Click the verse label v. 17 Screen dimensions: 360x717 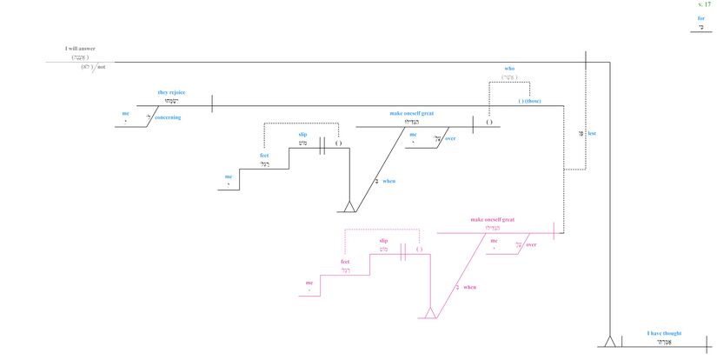click(x=704, y=5)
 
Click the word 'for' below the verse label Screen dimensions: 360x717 click(x=700, y=18)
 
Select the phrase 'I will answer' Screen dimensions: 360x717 click(x=80, y=49)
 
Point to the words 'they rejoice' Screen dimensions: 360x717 click(x=171, y=92)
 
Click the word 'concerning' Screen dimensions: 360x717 click(x=168, y=117)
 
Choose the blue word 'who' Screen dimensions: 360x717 click(x=510, y=68)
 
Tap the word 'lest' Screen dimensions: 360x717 click(x=592, y=133)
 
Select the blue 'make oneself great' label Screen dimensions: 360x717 click(x=413, y=114)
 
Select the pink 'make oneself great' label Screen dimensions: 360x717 click(x=492, y=220)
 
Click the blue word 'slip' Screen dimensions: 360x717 click(x=302, y=135)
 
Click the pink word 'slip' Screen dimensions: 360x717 click(x=383, y=241)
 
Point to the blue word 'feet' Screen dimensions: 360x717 click(x=264, y=156)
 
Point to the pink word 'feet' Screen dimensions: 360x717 click(x=345, y=262)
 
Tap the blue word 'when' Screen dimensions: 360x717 click(x=388, y=181)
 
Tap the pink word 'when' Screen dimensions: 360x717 click(x=469, y=287)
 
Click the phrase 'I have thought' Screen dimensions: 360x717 click(x=665, y=333)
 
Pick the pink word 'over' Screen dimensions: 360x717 click(x=531, y=245)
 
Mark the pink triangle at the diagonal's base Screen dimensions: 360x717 click(x=428, y=313)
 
